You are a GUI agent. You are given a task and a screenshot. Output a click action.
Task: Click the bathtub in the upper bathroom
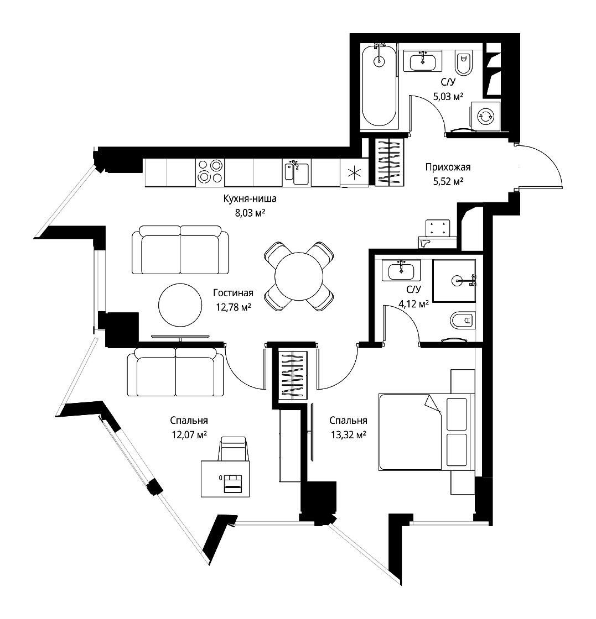pos(379,86)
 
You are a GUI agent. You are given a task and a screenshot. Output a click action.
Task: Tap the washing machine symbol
pos(485,116)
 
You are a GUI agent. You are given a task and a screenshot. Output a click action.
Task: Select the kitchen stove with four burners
pos(210,172)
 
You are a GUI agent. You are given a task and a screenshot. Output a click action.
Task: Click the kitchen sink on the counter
pos(297,173)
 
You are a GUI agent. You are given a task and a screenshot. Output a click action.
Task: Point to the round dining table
pos(299,276)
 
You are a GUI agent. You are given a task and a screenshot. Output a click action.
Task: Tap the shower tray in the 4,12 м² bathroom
pos(454,281)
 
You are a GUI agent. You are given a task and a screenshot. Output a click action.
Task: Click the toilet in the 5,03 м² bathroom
pos(463,63)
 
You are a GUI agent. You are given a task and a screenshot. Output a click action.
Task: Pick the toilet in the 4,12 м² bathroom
pos(463,320)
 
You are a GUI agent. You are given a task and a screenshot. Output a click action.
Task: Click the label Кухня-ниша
pos(250,199)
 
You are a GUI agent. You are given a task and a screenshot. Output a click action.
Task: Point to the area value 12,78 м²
pos(234,307)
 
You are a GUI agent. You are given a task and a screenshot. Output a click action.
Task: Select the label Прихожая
pos(448,167)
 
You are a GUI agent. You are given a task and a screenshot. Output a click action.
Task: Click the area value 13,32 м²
pos(348,435)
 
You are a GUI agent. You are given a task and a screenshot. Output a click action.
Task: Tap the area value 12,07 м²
pos(189,435)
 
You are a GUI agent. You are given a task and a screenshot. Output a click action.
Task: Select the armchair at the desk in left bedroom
pos(234,448)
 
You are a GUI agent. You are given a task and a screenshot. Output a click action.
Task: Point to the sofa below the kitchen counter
pos(180,250)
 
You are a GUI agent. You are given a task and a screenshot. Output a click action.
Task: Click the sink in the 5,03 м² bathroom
pos(422,61)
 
